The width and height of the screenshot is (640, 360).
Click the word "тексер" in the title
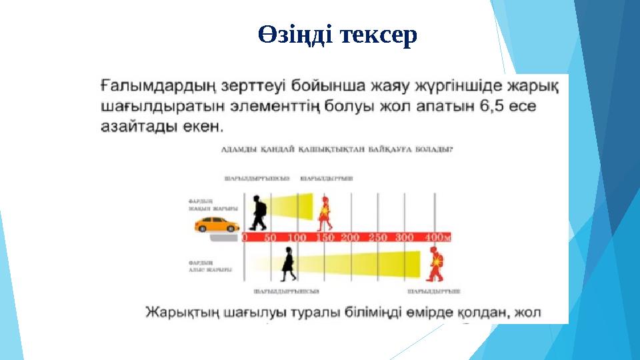[x=378, y=36]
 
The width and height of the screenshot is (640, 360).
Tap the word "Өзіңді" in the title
[x=294, y=36]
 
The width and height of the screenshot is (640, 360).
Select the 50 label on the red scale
[x=271, y=237]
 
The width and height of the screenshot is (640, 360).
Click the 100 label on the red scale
[x=297, y=237]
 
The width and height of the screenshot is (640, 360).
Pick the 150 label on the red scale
[x=325, y=237]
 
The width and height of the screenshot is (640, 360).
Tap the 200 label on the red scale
[x=351, y=237]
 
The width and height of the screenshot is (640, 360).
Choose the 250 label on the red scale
[x=377, y=237]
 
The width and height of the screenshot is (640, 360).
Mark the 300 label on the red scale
[x=405, y=237]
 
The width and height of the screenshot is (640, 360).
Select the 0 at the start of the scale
[x=245, y=237]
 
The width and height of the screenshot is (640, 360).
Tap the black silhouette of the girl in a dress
[x=289, y=263]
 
